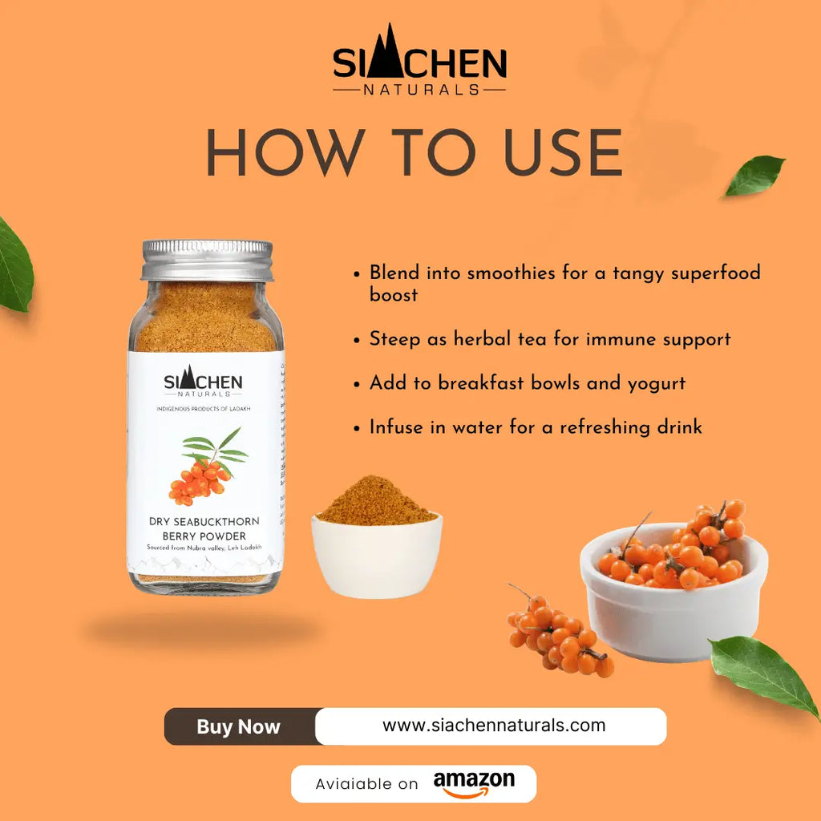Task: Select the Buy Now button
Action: tap(239, 726)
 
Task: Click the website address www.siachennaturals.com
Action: tap(493, 726)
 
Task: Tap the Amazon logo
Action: tap(474, 783)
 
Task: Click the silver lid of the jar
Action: tap(207, 261)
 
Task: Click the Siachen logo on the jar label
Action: tap(203, 382)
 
